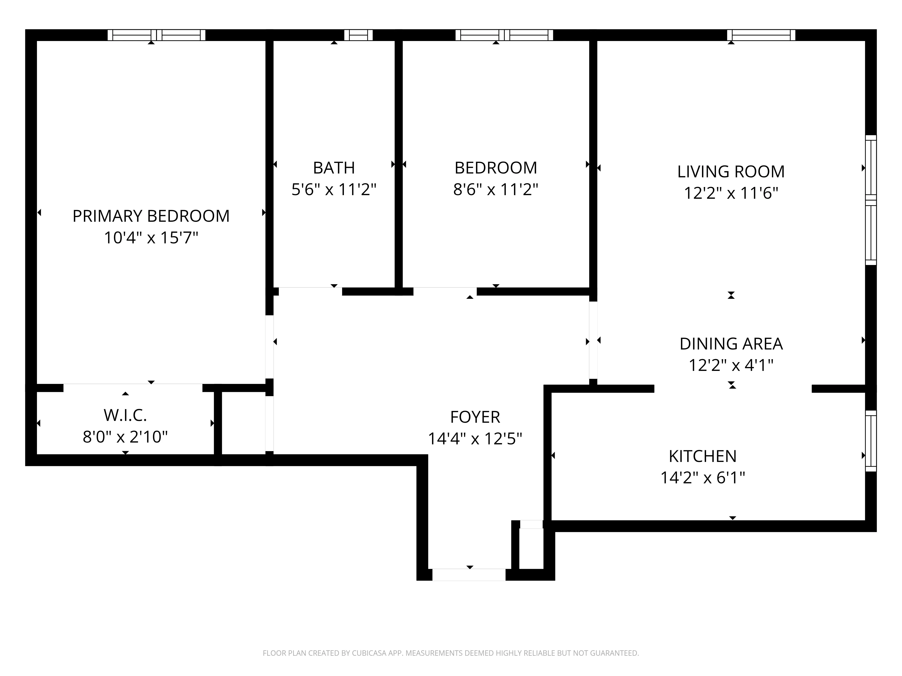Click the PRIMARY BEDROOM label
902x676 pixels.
click(x=151, y=216)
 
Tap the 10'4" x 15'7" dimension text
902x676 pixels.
click(x=151, y=238)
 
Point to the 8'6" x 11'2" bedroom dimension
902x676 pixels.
click(x=495, y=190)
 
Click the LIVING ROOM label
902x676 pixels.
click(x=731, y=171)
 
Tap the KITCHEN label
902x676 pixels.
click(x=702, y=456)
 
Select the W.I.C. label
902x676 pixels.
click(x=125, y=416)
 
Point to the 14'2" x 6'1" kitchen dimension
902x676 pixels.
click(x=702, y=477)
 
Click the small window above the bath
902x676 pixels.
click(x=359, y=35)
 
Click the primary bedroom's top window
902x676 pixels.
click(x=156, y=35)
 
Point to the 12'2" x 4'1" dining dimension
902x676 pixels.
click(x=731, y=365)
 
